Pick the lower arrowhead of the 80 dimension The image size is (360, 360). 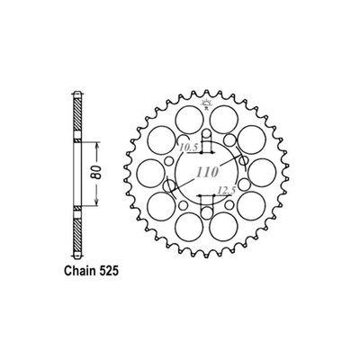tap(93, 201)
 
